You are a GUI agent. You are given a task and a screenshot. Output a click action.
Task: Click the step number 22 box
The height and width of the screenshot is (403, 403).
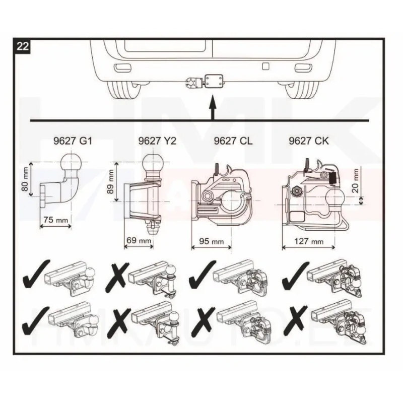[x=23, y=47]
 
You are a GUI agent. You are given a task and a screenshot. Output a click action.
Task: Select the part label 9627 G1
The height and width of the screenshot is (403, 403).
[x=73, y=141]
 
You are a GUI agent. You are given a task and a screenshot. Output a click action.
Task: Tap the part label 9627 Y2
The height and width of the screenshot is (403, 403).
[x=157, y=141]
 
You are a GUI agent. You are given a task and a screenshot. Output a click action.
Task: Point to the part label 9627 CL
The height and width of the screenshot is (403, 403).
[x=233, y=141]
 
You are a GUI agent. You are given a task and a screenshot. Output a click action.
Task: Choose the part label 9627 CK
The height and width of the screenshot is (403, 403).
[x=309, y=141]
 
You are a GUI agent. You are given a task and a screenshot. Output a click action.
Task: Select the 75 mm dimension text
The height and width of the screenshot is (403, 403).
[x=56, y=220]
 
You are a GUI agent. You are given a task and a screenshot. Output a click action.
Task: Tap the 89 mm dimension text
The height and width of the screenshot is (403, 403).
[x=111, y=182]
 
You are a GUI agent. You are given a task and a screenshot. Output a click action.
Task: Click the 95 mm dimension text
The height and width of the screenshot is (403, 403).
[x=212, y=241]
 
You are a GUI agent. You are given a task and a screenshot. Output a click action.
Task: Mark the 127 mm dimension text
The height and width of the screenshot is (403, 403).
[x=309, y=241]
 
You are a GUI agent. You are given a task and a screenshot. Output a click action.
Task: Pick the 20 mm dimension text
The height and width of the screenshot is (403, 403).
[x=356, y=181]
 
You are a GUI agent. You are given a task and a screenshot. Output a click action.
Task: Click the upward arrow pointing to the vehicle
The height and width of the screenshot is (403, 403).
[x=212, y=107]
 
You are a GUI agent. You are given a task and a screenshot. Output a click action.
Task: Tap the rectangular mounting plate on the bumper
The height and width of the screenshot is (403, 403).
[x=214, y=81]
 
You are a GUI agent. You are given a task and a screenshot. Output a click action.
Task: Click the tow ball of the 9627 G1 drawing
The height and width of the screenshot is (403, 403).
[x=71, y=162]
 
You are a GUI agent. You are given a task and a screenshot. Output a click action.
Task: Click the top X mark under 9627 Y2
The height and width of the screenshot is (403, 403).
[x=116, y=276]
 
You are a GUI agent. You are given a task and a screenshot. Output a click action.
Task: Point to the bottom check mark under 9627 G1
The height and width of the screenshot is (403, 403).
[x=35, y=320]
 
